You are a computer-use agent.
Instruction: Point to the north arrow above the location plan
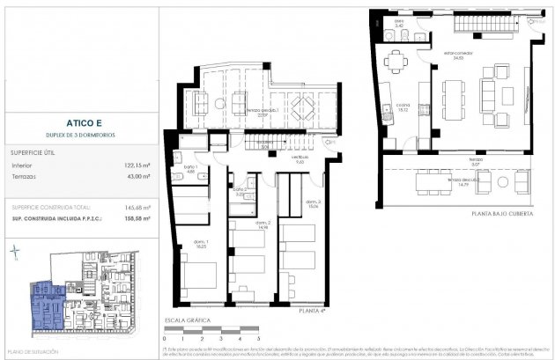[x=15, y=253]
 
